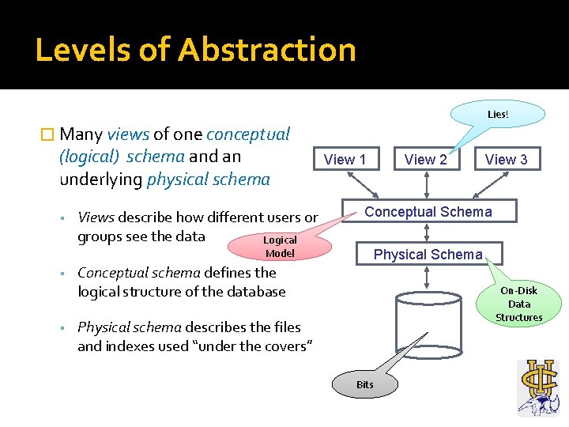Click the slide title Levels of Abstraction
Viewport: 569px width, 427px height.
195,49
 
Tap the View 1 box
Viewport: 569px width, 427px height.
345,159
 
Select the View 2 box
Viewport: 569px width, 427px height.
425,159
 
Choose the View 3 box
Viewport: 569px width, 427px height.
506,159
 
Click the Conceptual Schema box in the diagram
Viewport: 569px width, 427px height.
428,211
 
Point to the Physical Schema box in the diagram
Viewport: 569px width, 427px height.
428,254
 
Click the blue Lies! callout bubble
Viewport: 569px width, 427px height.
498,114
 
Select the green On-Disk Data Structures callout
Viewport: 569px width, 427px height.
519,304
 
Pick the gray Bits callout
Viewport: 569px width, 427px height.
364,385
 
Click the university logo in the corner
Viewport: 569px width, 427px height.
538,387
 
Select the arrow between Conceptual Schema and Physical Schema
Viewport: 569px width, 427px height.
427,232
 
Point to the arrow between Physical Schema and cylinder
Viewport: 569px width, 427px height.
427,276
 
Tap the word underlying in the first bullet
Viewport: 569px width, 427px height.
100,179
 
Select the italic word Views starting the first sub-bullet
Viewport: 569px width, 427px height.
96,217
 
